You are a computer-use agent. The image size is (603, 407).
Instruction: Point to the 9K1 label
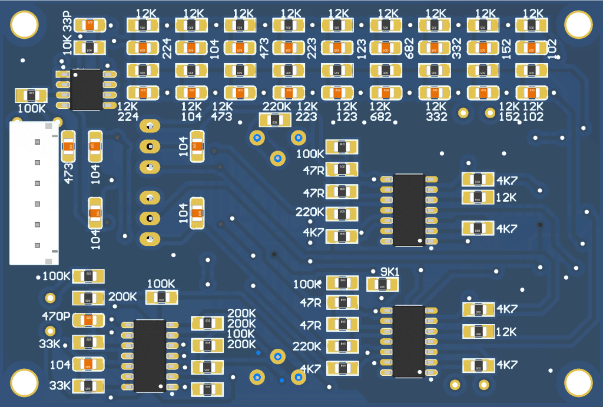tap(390, 272)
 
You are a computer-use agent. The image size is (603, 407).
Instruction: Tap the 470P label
tap(56, 316)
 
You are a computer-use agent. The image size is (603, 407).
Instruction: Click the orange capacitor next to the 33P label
tap(90, 25)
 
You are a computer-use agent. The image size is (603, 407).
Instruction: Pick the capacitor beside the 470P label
tap(88, 319)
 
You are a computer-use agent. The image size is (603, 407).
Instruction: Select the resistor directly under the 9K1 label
tap(382, 285)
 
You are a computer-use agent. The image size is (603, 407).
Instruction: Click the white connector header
tap(34, 194)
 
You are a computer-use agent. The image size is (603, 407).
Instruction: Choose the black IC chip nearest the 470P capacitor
tap(150, 355)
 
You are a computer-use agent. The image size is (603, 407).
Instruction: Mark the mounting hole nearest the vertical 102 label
tap(578, 24)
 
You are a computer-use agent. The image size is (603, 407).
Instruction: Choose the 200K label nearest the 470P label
tap(122, 297)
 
